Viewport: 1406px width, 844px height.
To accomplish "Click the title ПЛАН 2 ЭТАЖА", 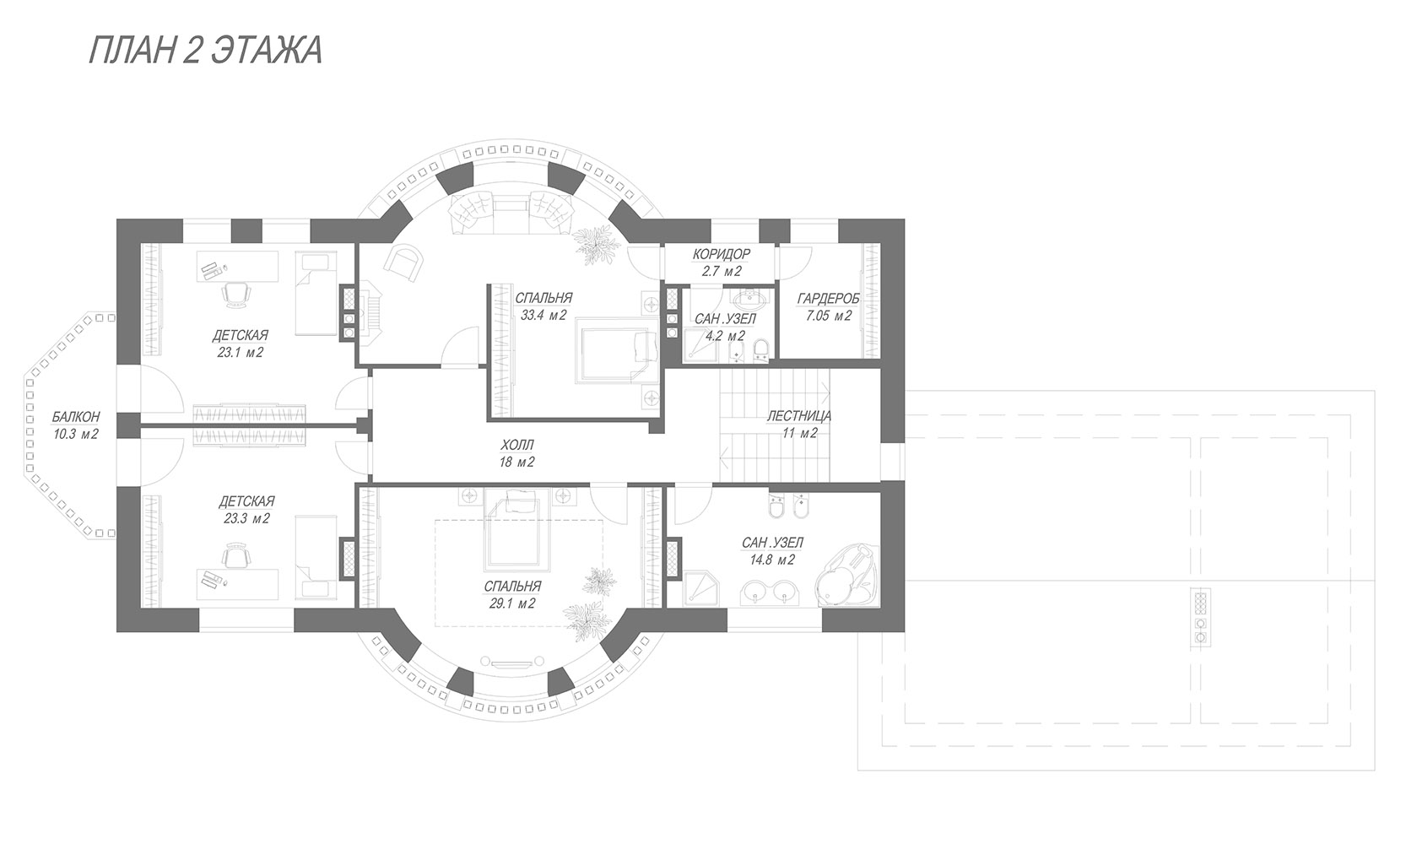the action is tap(205, 50).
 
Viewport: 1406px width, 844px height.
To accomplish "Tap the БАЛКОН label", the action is tap(76, 417).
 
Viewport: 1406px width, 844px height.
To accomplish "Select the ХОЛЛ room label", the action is tap(517, 445).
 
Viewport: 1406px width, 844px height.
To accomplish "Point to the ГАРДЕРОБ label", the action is tap(829, 299).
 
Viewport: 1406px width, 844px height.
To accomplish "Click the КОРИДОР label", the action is tap(722, 254).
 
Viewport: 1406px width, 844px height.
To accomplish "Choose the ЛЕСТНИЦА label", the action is tap(799, 415).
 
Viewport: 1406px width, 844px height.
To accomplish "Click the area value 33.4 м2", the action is tap(543, 315).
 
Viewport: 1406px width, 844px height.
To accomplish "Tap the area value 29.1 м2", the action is tap(512, 603).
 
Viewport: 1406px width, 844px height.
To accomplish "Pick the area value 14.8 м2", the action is tap(772, 559).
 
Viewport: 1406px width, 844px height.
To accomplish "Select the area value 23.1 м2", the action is tap(241, 353).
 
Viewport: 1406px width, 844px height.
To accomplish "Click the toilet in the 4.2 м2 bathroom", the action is tap(760, 349).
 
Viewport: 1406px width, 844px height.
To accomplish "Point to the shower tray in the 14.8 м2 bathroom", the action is tap(700, 588).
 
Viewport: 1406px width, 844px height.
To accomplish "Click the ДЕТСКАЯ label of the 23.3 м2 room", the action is tap(246, 501).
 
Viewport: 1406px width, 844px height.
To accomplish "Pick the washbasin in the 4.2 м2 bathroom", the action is tap(750, 299).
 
